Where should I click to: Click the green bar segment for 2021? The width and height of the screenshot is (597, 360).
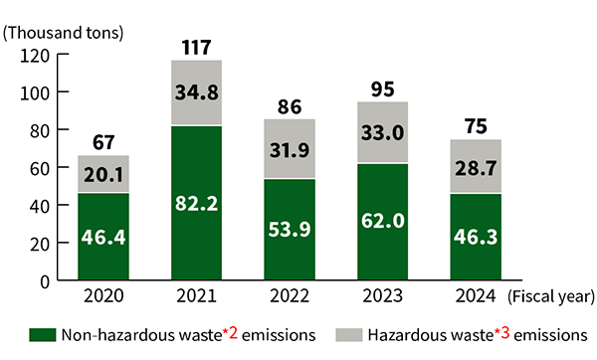[x=196, y=204]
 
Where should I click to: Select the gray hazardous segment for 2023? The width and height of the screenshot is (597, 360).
[x=382, y=132]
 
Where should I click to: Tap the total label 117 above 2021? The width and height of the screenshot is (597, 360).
[x=196, y=46]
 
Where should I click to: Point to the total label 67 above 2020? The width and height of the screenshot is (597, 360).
[x=103, y=141]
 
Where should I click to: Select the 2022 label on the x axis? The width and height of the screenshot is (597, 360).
[x=289, y=295]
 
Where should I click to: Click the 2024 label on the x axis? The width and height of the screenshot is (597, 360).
[x=475, y=295]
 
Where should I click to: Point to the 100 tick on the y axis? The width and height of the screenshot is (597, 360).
[x=37, y=92]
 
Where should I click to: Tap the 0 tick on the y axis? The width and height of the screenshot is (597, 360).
[x=46, y=280]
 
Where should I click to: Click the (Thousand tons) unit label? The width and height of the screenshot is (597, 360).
[x=64, y=32]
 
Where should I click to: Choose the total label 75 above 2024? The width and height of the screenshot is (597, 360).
[x=475, y=125]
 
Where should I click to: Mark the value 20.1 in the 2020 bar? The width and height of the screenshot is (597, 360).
[x=103, y=175]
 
